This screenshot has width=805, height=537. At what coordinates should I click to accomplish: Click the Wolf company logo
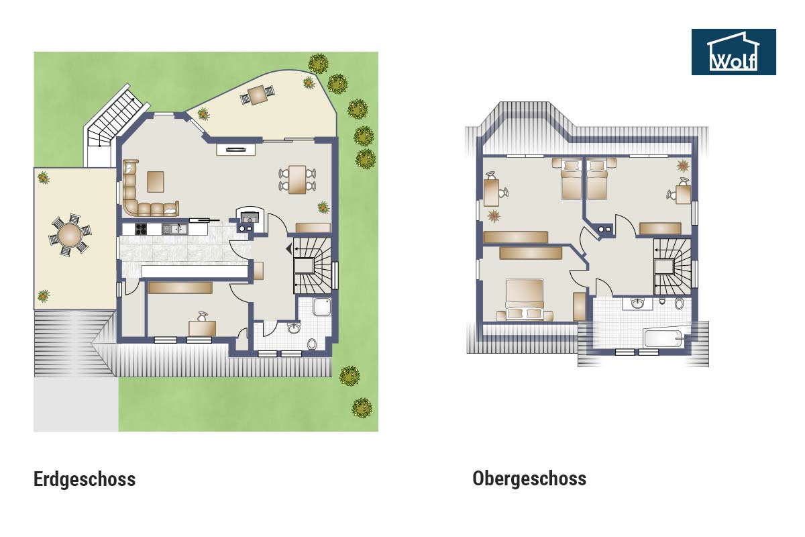(x=733, y=52)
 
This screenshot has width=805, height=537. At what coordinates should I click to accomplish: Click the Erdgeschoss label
(x=85, y=479)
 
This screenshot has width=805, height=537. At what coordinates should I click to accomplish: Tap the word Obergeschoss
(x=529, y=479)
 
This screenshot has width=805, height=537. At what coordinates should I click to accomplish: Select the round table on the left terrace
(x=70, y=235)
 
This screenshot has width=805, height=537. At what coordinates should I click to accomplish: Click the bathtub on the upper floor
(x=663, y=338)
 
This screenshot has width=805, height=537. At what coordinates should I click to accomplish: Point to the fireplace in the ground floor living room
(x=250, y=218)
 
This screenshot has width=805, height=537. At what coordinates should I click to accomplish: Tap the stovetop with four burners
(x=141, y=229)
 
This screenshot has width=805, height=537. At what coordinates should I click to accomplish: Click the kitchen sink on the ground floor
(x=174, y=229)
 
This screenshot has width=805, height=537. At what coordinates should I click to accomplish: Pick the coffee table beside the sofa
(x=156, y=182)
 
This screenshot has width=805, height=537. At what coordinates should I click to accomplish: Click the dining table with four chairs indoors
(x=297, y=179)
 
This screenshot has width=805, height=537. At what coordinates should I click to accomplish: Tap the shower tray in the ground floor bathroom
(x=322, y=307)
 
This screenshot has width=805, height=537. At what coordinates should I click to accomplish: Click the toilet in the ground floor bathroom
(x=311, y=344)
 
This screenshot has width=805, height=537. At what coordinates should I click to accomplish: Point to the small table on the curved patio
(x=258, y=94)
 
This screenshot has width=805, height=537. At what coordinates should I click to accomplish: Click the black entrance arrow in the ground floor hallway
(x=289, y=248)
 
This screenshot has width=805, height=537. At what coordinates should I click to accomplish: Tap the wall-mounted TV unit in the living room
(x=235, y=149)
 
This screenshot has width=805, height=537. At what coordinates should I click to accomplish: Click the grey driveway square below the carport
(x=76, y=404)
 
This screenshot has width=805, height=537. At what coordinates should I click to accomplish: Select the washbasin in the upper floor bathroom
(x=638, y=303)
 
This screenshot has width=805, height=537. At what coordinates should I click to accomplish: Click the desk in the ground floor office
(x=203, y=328)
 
